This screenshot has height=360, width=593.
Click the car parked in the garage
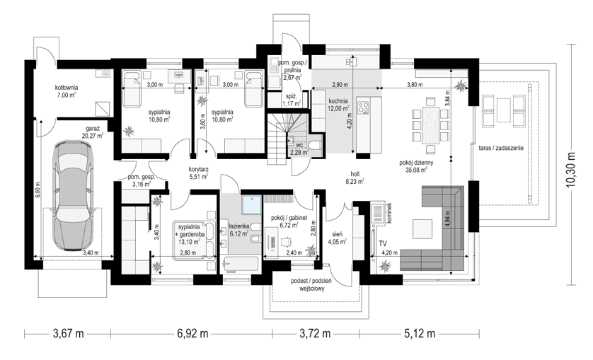(74, 195)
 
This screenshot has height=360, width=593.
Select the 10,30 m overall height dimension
(571, 165)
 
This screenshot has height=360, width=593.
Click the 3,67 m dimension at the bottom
(68, 334)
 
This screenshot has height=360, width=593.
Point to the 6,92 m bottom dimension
(192, 334)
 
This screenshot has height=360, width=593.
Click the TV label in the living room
(383, 243)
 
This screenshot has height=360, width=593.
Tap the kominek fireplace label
(389, 214)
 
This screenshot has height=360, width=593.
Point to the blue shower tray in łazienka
(251, 205)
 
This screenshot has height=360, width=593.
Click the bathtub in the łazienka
(241, 265)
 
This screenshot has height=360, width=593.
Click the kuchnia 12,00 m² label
(338, 105)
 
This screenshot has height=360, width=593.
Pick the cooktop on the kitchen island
(364, 106)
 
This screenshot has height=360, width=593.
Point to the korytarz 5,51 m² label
(198, 173)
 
